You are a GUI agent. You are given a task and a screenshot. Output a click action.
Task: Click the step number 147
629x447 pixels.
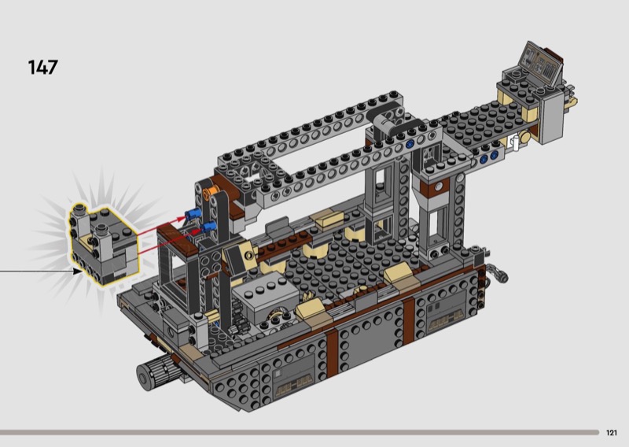(x=43, y=67)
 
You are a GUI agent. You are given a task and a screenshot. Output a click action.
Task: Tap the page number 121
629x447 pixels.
(x=612, y=433)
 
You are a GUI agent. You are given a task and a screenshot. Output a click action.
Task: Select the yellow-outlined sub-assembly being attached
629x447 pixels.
(x=104, y=244)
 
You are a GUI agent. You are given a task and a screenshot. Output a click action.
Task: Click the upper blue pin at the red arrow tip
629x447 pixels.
(x=193, y=215)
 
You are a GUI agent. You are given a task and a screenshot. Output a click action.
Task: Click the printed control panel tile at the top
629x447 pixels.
(x=540, y=64)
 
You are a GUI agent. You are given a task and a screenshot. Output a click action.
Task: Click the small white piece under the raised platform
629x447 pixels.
(x=513, y=143)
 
